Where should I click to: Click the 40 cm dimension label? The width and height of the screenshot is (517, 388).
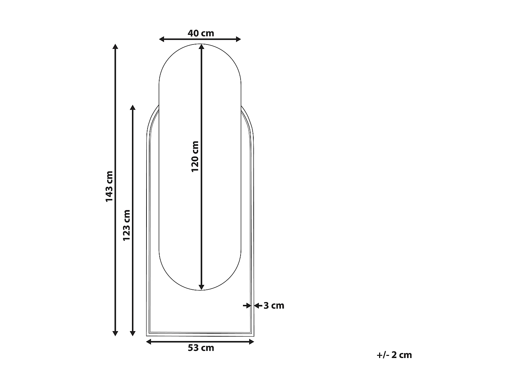click(201, 33)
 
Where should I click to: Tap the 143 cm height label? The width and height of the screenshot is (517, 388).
click(109, 186)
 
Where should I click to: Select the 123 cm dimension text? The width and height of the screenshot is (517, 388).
click(126, 225)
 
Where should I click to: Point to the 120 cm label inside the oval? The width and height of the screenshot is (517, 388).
click(195, 156)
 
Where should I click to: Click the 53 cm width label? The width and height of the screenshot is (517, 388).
click(201, 348)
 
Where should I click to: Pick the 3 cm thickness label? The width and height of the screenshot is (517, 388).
click(274, 306)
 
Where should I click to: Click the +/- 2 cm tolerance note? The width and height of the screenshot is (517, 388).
click(394, 355)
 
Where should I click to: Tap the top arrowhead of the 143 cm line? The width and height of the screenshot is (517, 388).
click(115, 47)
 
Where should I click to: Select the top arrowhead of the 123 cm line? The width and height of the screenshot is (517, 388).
click(133, 108)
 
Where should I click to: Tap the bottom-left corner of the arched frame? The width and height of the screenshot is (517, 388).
click(147, 336)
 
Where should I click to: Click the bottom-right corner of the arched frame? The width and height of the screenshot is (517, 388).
click(253, 336)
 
